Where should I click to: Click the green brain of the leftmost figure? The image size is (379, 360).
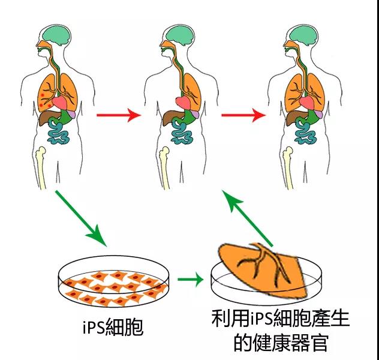(56, 36)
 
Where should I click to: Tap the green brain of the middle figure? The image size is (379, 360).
(179, 36)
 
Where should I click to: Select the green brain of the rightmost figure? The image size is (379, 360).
(303, 36)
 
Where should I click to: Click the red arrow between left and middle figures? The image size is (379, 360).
(119, 115)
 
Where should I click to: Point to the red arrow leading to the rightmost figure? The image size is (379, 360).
(243, 115)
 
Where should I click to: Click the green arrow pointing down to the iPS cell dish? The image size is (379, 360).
(81, 218)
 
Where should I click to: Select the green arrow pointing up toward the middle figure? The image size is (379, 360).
(247, 218)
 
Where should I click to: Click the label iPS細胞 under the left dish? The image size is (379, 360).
(113, 327)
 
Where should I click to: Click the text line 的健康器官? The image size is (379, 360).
(281, 343)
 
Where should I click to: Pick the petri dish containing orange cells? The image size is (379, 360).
(113, 281)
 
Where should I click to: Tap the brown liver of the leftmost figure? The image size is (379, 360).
(48, 117)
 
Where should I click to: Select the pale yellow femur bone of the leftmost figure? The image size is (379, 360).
(41, 167)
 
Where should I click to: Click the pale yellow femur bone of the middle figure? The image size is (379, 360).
(164, 167)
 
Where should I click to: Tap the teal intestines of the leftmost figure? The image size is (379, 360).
(58, 133)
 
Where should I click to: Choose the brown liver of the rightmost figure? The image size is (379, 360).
(296, 117)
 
